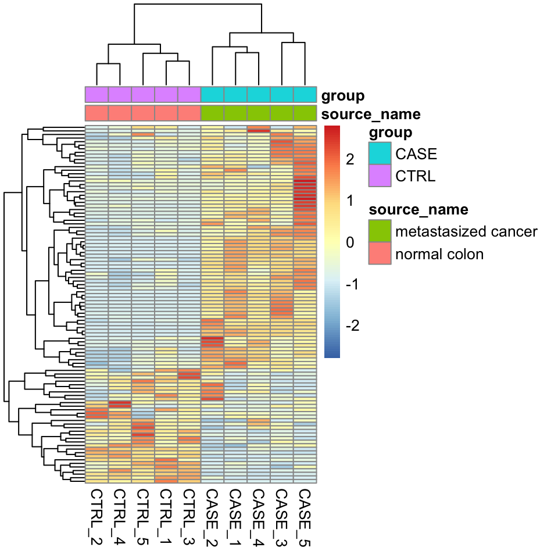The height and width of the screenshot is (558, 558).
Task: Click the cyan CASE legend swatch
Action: (380, 154)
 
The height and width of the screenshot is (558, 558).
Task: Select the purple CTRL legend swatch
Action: (380, 176)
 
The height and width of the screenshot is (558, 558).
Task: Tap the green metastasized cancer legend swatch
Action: (380, 231)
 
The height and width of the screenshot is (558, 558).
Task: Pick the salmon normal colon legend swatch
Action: (380, 253)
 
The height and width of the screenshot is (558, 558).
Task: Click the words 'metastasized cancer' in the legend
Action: (466, 231)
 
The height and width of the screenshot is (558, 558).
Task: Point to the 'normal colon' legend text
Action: (439, 254)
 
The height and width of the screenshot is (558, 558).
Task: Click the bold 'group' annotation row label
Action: (343, 95)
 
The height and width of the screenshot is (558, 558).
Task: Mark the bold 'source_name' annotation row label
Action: (371, 114)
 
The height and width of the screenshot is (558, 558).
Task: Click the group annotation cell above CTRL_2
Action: (96, 94)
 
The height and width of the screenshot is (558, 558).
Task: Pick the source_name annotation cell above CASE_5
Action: (305, 113)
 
